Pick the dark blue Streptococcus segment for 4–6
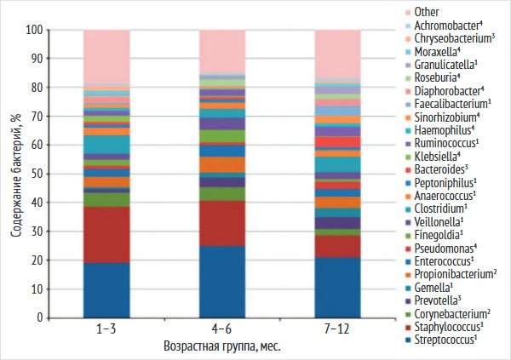(x=222, y=281)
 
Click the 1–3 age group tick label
(x=106, y=329)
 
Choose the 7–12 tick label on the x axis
(x=338, y=329)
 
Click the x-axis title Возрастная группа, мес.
(x=221, y=347)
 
